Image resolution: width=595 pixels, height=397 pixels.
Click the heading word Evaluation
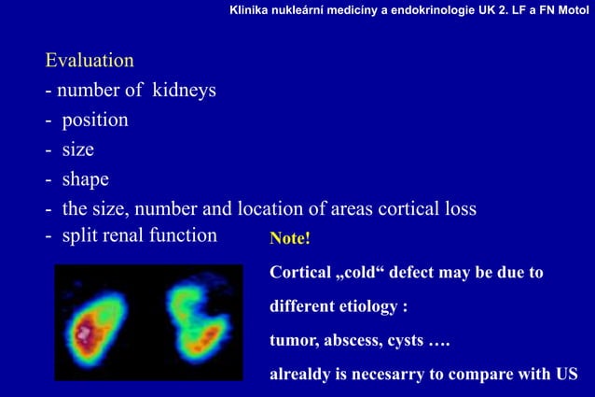(x=90, y=61)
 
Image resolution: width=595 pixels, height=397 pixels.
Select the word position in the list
(x=95, y=121)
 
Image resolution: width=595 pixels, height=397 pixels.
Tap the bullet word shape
(x=86, y=178)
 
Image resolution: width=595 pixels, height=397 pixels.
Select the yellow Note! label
(x=289, y=239)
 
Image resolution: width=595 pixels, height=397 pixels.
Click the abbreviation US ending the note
(x=566, y=375)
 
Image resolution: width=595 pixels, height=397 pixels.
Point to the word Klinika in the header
(x=253, y=9)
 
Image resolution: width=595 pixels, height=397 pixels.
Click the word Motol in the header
(x=572, y=9)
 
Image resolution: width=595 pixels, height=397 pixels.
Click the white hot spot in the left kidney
(x=86, y=331)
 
